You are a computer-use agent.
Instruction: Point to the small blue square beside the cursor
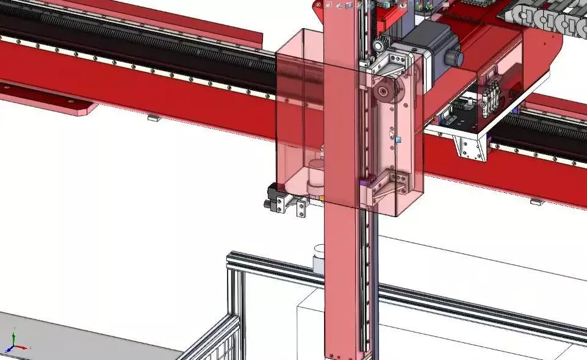click(x=398, y=140)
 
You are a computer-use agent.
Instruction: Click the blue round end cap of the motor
click(x=455, y=58)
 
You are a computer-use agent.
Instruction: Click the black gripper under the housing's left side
click(x=272, y=198)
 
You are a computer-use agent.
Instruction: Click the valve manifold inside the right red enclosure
click(x=490, y=98)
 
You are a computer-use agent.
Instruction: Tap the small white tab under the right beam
click(x=536, y=201)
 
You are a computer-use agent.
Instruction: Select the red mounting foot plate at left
click(x=55, y=101)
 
